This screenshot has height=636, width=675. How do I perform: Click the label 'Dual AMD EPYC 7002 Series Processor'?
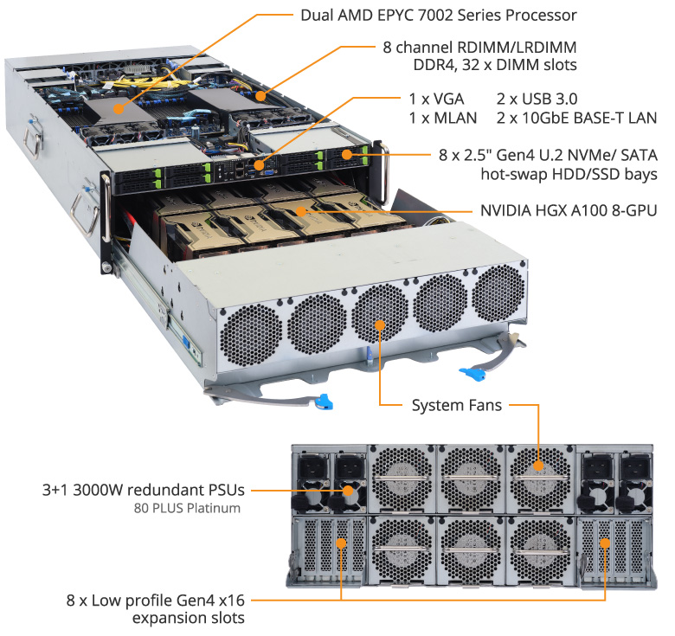[438, 15]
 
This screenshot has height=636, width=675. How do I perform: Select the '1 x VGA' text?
[436, 95]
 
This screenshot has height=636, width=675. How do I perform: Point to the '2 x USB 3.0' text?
[536, 95]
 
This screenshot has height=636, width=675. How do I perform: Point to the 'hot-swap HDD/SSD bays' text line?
[568, 174]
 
